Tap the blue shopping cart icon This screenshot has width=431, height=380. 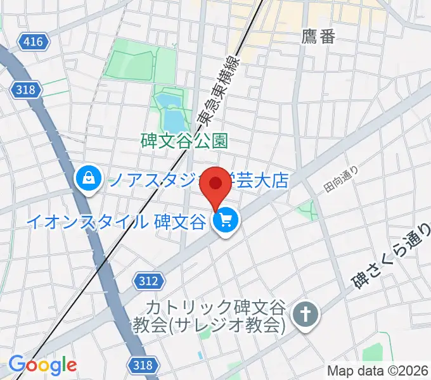(225, 222)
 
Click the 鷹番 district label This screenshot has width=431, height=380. (318, 37)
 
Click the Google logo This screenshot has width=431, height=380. (42, 365)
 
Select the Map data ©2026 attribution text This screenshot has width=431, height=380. (378, 370)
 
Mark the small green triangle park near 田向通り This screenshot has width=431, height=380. (309, 210)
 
